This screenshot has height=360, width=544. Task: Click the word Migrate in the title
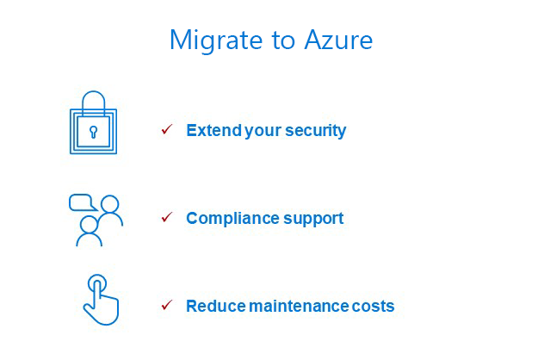tap(216, 41)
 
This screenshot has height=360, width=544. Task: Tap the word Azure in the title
tap(338, 40)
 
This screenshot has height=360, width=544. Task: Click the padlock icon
tap(93, 122)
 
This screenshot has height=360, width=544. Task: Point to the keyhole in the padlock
tap(93, 132)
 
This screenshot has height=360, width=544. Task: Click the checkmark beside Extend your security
tap(167, 129)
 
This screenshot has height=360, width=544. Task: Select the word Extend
tap(214, 131)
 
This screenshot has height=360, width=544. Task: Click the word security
tap(315, 131)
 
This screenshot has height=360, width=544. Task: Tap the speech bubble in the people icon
tap(83, 202)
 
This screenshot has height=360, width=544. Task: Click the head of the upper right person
tap(110, 204)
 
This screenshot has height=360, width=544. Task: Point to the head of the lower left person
tap(90, 225)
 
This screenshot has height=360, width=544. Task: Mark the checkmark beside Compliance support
tap(167, 217)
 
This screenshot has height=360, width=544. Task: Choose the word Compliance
tap(232, 219)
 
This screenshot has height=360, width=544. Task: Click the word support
tap(313, 220)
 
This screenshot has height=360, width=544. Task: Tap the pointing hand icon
tap(101, 300)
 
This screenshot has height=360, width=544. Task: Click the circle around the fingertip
tap(97, 276)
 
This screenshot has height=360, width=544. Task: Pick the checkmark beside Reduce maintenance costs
tap(167, 305)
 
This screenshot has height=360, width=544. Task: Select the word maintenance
tap(299, 307)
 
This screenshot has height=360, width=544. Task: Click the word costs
tap(373, 307)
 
